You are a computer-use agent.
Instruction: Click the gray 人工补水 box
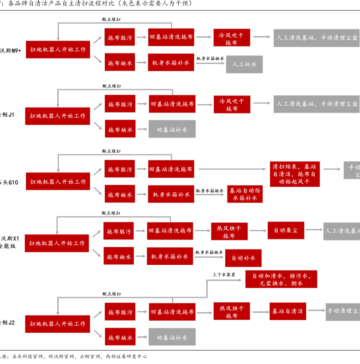(x=244, y=64)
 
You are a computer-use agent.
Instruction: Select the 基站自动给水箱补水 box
(x=245, y=194)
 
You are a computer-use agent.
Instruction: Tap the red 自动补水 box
(x=243, y=258)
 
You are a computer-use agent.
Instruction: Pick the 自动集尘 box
(x=286, y=230)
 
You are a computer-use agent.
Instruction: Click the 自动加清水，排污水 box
(x=281, y=279)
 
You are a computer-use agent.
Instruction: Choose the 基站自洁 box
(x=288, y=311)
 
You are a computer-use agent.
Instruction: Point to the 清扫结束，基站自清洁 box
(x=295, y=173)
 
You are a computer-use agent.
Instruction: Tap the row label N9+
(x=10, y=49)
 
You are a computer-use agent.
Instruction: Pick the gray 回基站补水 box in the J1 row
(x=172, y=130)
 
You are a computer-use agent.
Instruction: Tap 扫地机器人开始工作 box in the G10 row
(x=58, y=182)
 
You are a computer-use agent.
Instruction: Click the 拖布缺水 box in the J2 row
(x=120, y=337)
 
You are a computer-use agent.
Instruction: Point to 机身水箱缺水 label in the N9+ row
(x=210, y=59)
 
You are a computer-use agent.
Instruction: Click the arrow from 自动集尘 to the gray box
(x=314, y=230)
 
